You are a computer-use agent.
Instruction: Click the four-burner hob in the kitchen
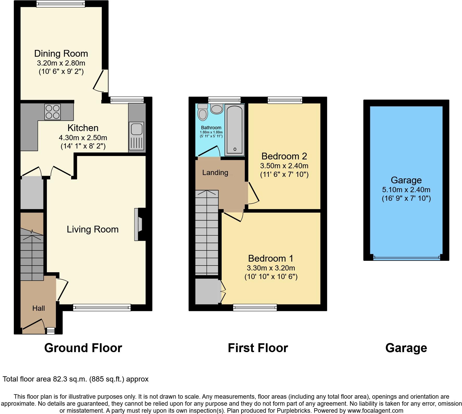point(53,112)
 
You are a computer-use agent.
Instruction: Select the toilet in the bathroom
point(202,112)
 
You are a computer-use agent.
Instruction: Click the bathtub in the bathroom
point(234,130)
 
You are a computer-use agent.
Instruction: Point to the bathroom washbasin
point(217,109)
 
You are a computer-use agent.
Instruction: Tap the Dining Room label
point(61,54)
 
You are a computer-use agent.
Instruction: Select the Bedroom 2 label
point(284,156)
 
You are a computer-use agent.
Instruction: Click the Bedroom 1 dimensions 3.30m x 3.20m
point(271,268)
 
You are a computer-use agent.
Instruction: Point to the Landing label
point(215,173)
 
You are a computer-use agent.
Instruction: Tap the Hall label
point(38,308)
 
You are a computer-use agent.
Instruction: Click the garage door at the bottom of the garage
point(406,258)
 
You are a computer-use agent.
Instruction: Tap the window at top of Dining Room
point(61,4)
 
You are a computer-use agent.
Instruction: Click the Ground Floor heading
point(83,348)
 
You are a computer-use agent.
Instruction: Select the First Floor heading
point(258,348)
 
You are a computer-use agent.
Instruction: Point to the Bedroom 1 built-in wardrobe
point(207,291)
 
